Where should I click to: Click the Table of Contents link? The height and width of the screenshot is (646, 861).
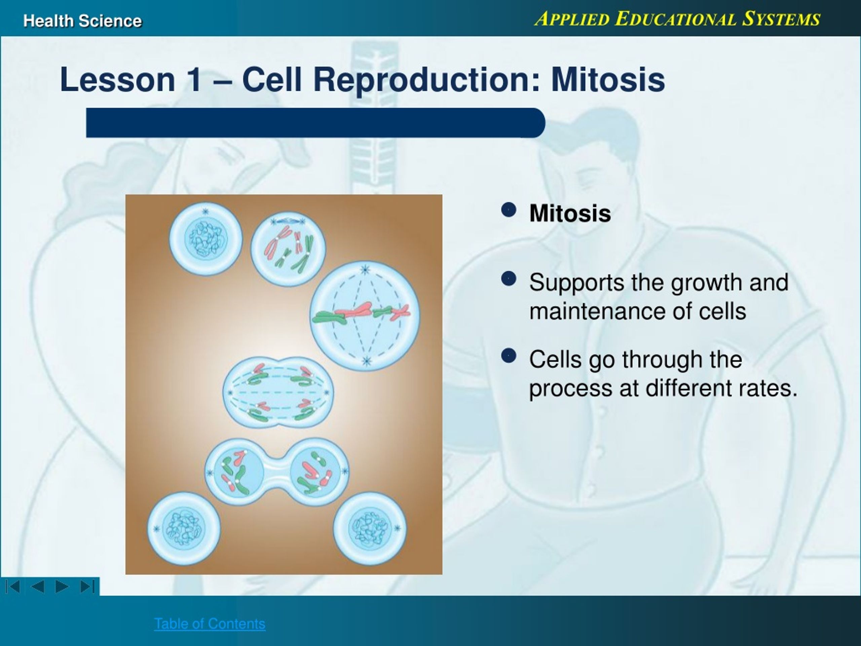[x=210, y=623]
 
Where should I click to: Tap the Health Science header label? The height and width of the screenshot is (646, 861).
[x=82, y=21]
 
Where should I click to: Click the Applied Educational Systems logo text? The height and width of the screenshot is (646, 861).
[x=677, y=19]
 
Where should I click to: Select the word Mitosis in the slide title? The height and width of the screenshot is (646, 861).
[x=608, y=80]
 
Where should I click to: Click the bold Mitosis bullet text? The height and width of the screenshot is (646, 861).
[x=570, y=213]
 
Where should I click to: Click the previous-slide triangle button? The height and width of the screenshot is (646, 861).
[x=38, y=586]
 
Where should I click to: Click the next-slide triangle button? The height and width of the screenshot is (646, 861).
[x=62, y=586]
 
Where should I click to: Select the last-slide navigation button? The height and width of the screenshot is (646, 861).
[x=87, y=586]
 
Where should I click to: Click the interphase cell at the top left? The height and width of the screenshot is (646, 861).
[x=205, y=238]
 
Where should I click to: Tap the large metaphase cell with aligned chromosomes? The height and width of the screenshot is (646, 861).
[x=365, y=316]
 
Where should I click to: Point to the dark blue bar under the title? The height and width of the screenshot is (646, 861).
[x=315, y=123]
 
